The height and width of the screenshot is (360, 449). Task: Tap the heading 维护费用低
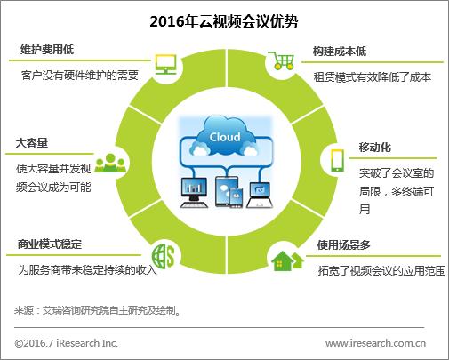[x=46, y=52]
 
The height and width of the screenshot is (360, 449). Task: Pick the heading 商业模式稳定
[x=52, y=244]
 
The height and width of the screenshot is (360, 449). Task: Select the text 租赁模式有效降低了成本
[x=372, y=77]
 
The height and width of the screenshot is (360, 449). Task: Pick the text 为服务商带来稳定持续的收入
[x=86, y=269]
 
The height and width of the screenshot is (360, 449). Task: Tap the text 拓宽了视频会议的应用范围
[x=381, y=269]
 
